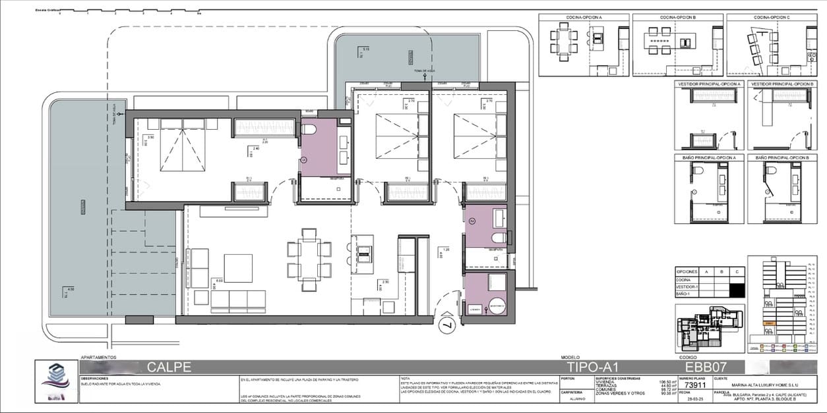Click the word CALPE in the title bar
point(169,367)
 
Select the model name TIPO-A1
point(592,367)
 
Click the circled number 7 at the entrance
point(446,324)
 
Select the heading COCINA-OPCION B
point(677,18)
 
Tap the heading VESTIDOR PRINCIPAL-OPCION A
point(708,84)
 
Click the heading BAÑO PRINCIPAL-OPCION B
point(782,158)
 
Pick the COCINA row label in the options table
point(684,280)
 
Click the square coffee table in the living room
point(238,268)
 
